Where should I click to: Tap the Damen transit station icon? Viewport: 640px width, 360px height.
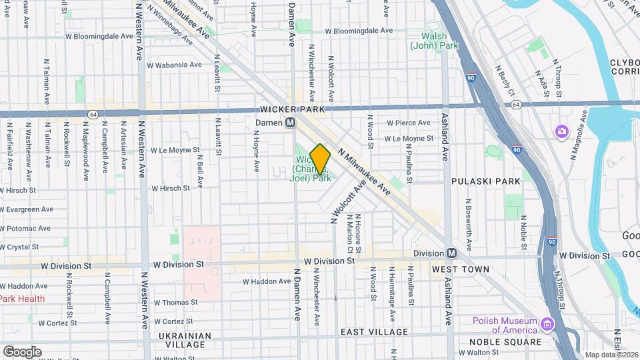(291, 123)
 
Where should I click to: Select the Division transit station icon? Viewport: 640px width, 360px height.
(451, 253)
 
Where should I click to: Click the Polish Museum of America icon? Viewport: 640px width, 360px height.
(549, 325)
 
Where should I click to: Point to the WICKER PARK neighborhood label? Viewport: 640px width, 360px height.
(291, 109)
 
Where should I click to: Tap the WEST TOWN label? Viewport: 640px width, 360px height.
(460, 269)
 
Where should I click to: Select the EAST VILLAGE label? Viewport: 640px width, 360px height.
(374, 332)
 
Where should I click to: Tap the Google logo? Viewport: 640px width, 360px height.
(22, 351)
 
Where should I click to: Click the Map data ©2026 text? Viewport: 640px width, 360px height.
(611, 355)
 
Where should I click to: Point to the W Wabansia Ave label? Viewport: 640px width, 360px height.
(175, 65)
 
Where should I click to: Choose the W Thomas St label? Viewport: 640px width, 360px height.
(176, 302)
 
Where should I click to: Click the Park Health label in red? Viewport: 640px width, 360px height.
(23, 299)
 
